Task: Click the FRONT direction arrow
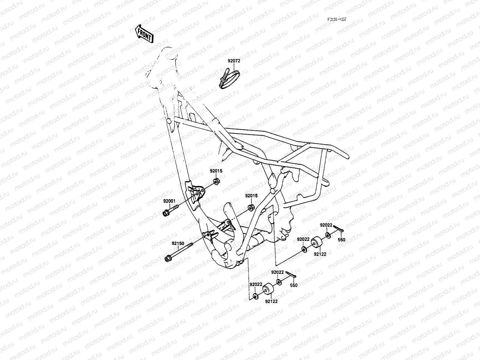144,34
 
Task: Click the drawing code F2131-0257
337,19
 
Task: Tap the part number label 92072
234,61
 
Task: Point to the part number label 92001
169,201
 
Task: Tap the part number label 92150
178,244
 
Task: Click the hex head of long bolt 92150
168,258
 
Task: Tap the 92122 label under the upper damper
320,254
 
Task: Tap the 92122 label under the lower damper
271,301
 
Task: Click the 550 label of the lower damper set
294,285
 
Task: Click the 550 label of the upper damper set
342,240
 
